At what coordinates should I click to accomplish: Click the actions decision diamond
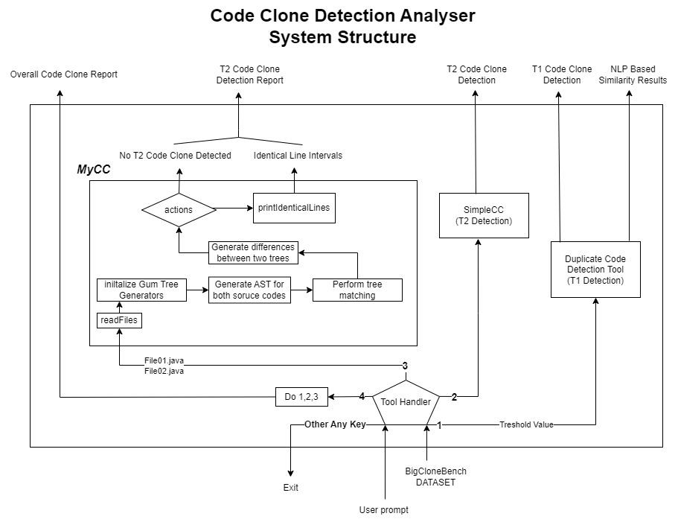pos(179,210)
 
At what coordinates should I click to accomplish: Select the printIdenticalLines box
pos(293,208)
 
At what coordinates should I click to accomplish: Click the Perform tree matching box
pos(357,290)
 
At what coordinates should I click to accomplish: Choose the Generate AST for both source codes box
pos(249,290)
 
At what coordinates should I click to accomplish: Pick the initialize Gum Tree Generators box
pos(141,290)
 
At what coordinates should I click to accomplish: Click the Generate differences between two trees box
pos(253,252)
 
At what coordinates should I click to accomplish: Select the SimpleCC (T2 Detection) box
pos(482,216)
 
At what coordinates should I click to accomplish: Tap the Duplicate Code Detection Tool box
pos(595,270)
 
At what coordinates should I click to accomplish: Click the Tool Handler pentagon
pos(406,402)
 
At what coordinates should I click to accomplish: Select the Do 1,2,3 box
pos(301,396)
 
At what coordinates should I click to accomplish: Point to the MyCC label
pos(94,170)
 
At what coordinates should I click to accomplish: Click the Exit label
pos(290,488)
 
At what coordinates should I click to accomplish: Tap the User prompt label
pos(383,510)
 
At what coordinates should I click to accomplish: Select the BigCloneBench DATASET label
pos(435,477)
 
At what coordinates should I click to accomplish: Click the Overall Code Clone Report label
pos(63,74)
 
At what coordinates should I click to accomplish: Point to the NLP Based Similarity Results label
pos(633,74)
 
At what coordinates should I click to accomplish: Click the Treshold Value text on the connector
pos(526,425)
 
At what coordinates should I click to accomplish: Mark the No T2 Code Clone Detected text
pos(176,156)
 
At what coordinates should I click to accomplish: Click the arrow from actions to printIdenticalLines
pos(234,209)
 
